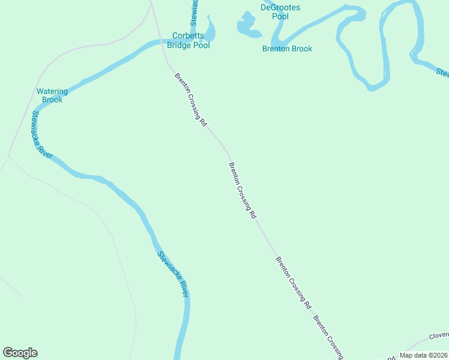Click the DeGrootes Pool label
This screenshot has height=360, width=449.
(x=280, y=12)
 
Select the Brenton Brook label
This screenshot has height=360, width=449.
(x=287, y=49)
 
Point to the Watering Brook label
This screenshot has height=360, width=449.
(x=52, y=95)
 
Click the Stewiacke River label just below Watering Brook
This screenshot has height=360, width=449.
(x=42, y=134)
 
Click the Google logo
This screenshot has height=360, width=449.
(x=20, y=353)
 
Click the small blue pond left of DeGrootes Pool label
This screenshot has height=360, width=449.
(x=246, y=25)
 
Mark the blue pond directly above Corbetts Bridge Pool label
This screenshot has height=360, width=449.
(x=209, y=27)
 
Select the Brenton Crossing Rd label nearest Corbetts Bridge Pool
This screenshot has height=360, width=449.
(x=190, y=99)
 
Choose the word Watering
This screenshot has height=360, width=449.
(x=52, y=92)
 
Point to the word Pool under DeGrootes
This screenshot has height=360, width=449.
(x=280, y=17)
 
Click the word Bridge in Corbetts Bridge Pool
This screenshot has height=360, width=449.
(x=179, y=45)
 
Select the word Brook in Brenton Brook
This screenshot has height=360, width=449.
(x=302, y=49)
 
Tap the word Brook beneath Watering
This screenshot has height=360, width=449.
(x=52, y=100)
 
